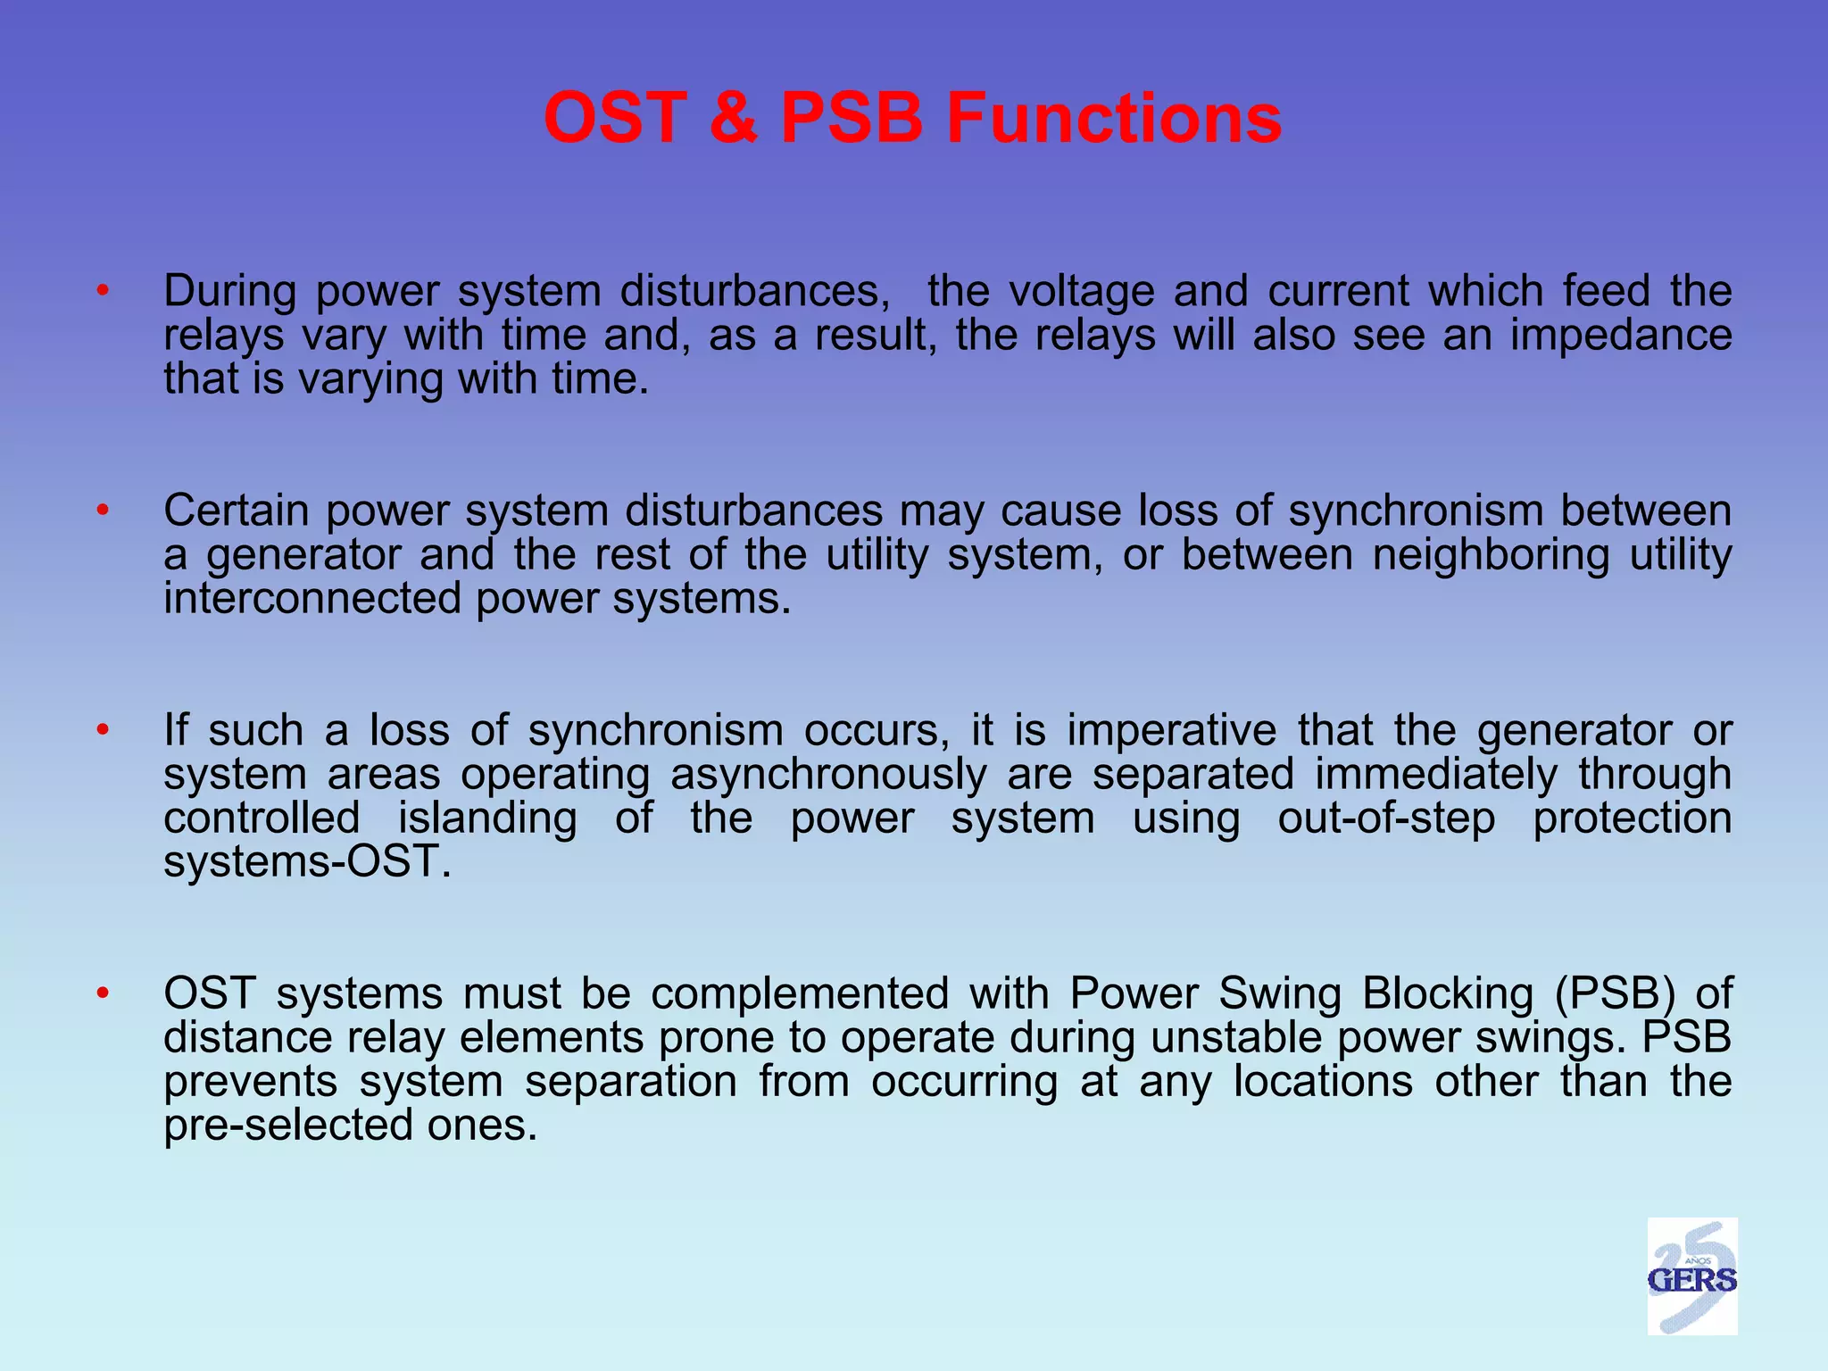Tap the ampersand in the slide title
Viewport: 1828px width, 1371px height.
click(734, 118)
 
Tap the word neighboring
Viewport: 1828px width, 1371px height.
click(1491, 555)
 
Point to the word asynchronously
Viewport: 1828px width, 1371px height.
click(828, 774)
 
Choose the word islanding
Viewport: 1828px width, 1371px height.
click(487, 818)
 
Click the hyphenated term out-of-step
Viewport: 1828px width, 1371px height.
click(1386, 818)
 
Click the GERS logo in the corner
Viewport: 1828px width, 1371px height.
click(1691, 1276)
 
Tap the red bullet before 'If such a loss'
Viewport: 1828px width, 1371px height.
click(104, 730)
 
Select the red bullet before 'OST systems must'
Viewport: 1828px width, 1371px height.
click(104, 993)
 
